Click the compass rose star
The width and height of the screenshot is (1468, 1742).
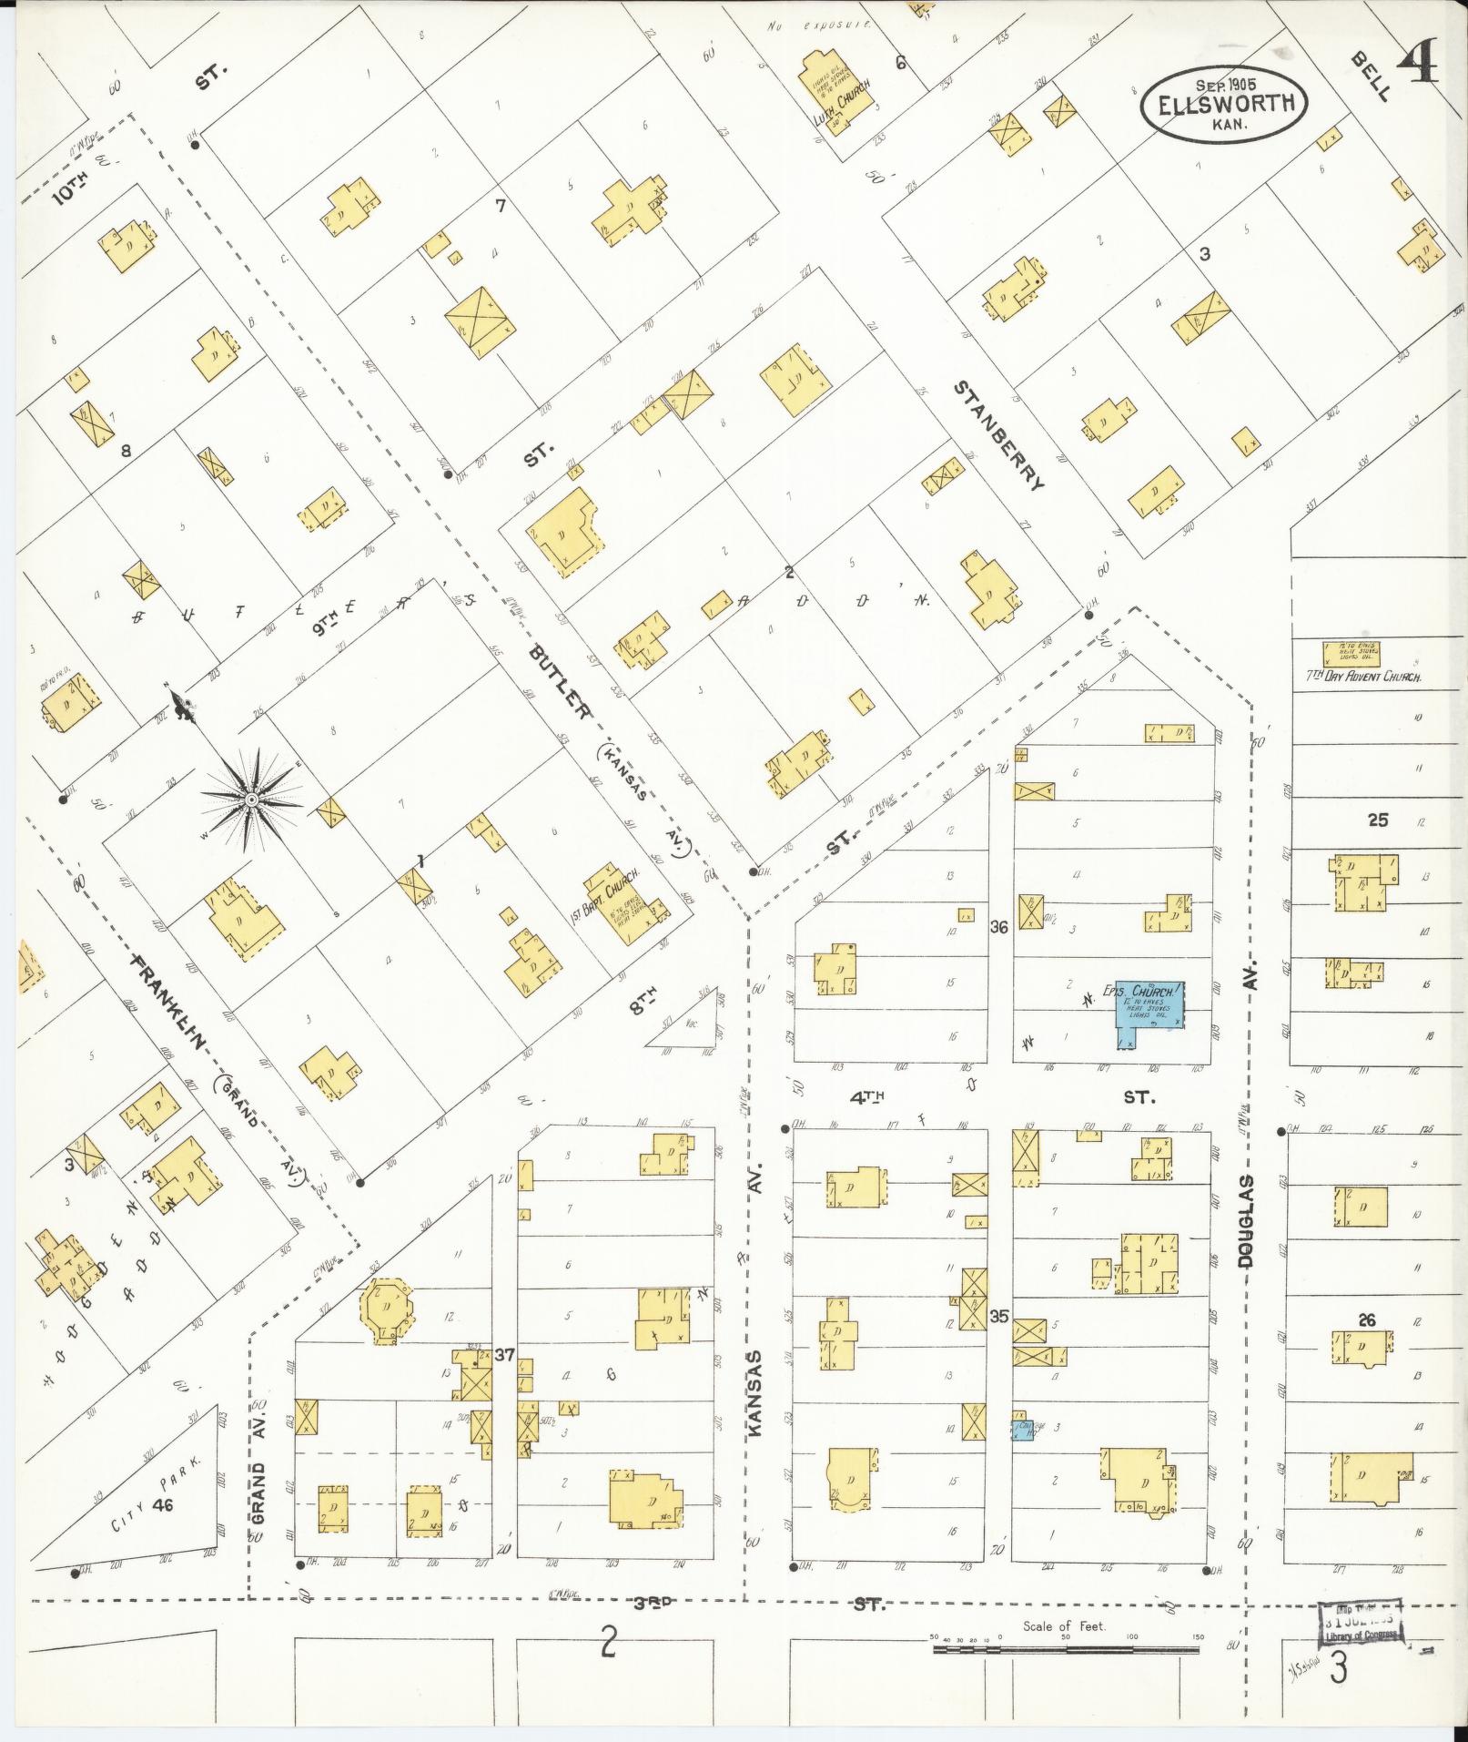coord(249,800)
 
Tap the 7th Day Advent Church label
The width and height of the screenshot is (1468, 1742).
coord(1360,677)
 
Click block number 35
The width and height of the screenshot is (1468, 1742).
coord(999,1316)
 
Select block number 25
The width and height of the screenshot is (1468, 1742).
coord(1378,820)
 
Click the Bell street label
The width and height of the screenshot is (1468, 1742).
coord(1372,76)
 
